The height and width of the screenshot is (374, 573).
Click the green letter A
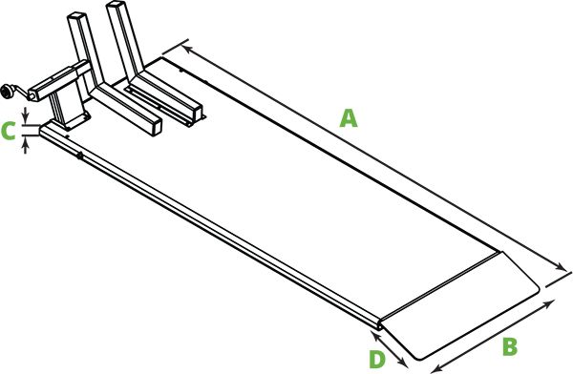click(349, 118)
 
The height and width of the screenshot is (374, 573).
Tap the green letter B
click(509, 344)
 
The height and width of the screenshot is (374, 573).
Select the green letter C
click(9, 131)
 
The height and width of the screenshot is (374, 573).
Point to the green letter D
click(377, 359)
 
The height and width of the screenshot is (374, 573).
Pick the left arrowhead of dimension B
click(435, 367)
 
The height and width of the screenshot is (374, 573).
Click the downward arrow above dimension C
click(27, 118)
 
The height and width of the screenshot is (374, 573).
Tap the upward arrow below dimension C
click(27, 142)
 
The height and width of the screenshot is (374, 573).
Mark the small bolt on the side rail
click(80, 156)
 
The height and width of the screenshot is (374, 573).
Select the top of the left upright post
click(77, 18)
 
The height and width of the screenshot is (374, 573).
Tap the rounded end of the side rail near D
click(379, 326)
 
